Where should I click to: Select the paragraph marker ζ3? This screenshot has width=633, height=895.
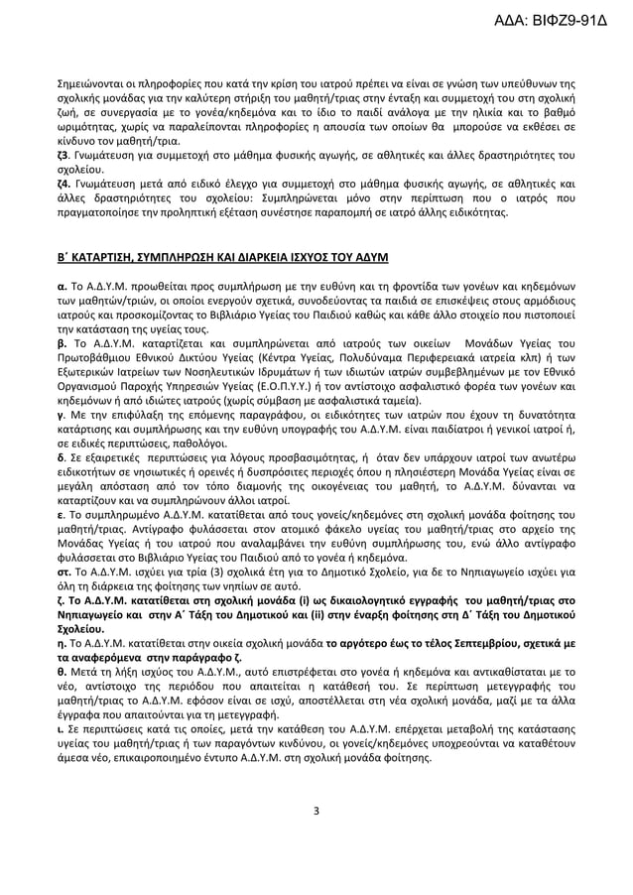coord(62,156)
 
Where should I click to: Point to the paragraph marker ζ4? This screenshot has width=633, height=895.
coord(62,184)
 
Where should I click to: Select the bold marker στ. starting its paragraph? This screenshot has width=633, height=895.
coord(63,574)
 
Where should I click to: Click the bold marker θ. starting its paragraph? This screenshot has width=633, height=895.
coord(60,671)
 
